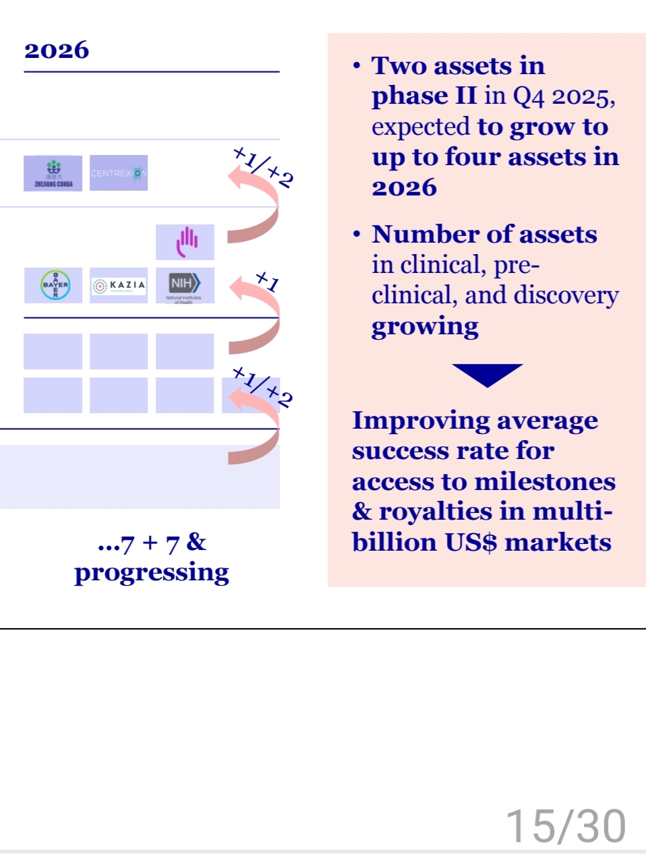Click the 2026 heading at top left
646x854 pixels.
(x=57, y=51)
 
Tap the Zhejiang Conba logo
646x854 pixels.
(x=53, y=173)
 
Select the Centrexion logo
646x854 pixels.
(x=119, y=173)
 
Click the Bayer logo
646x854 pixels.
(x=55, y=285)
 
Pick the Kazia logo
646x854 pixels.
(x=119, y=285)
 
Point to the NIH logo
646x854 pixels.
(x=185, y=284)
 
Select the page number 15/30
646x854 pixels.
(x=565, y=826)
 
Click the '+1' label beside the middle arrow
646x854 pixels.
(x=267, y=280)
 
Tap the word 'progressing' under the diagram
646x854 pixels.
(x=152, y=573)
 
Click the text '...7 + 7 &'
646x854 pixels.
(x=152, y=543)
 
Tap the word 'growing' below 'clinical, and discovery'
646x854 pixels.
(x=425, y=327)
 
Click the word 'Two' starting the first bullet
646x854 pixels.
(x=397, y=66)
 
